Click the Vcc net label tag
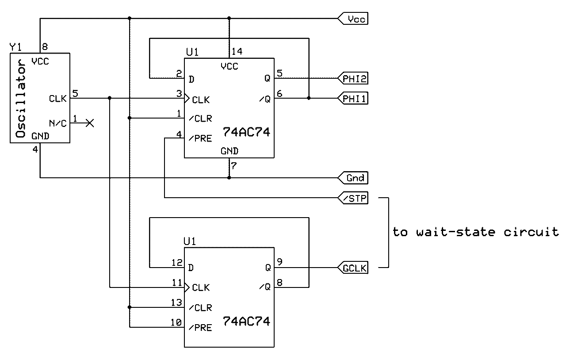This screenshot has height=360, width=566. (353, 19)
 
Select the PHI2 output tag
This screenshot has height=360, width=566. (353, 79)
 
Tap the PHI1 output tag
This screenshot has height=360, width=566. (353, 98)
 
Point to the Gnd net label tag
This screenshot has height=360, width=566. (353, 178)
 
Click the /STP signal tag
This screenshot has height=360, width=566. (353, 198)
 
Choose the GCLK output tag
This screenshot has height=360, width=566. (353, 268)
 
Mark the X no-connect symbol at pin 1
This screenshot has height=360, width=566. (90, 123)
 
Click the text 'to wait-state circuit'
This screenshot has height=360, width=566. (475, 232)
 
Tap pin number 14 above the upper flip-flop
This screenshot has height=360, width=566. (237, 52)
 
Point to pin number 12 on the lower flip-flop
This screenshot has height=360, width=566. (176, 263)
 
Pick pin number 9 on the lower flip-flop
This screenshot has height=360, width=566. (279, 262)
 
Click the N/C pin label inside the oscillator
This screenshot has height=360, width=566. (57, 123)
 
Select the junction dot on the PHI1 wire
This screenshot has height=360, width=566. (309, 98)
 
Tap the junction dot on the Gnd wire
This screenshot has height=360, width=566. (229, 178)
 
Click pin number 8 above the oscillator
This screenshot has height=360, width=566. (44, 46)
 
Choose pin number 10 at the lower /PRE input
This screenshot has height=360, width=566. (176, 323)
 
